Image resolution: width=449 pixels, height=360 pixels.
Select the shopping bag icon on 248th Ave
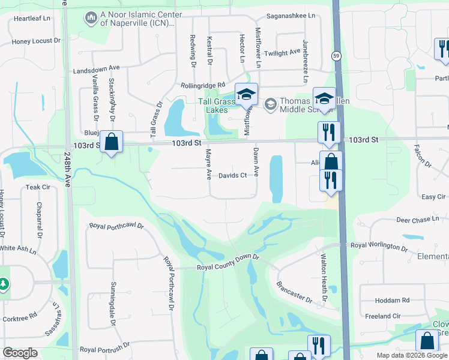pyautogui.click(x=111, y=142)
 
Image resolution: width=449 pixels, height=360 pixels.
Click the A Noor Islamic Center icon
pyautogui.click(x=91, y=19)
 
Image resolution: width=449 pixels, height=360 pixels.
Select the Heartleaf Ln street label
pyautogui.click(x=29, y=19)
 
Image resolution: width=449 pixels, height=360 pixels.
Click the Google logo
pyautogui.click(x=20, y=352)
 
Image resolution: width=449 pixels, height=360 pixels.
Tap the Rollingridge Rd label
pyautogui.click(x=202, y=86)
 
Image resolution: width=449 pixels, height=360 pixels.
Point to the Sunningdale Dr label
pyautogui.click(x=112, y=304)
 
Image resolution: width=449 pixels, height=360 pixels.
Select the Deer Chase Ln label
pyautogui.click(x=418, y=220)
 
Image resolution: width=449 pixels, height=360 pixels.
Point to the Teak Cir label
pyautogui.click(x=38, y=187)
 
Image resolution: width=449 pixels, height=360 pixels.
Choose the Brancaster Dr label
pyautogui.click(x=295, y=292)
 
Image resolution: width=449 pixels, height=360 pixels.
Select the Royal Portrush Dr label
pyautogui.click(x=105, y=349)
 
